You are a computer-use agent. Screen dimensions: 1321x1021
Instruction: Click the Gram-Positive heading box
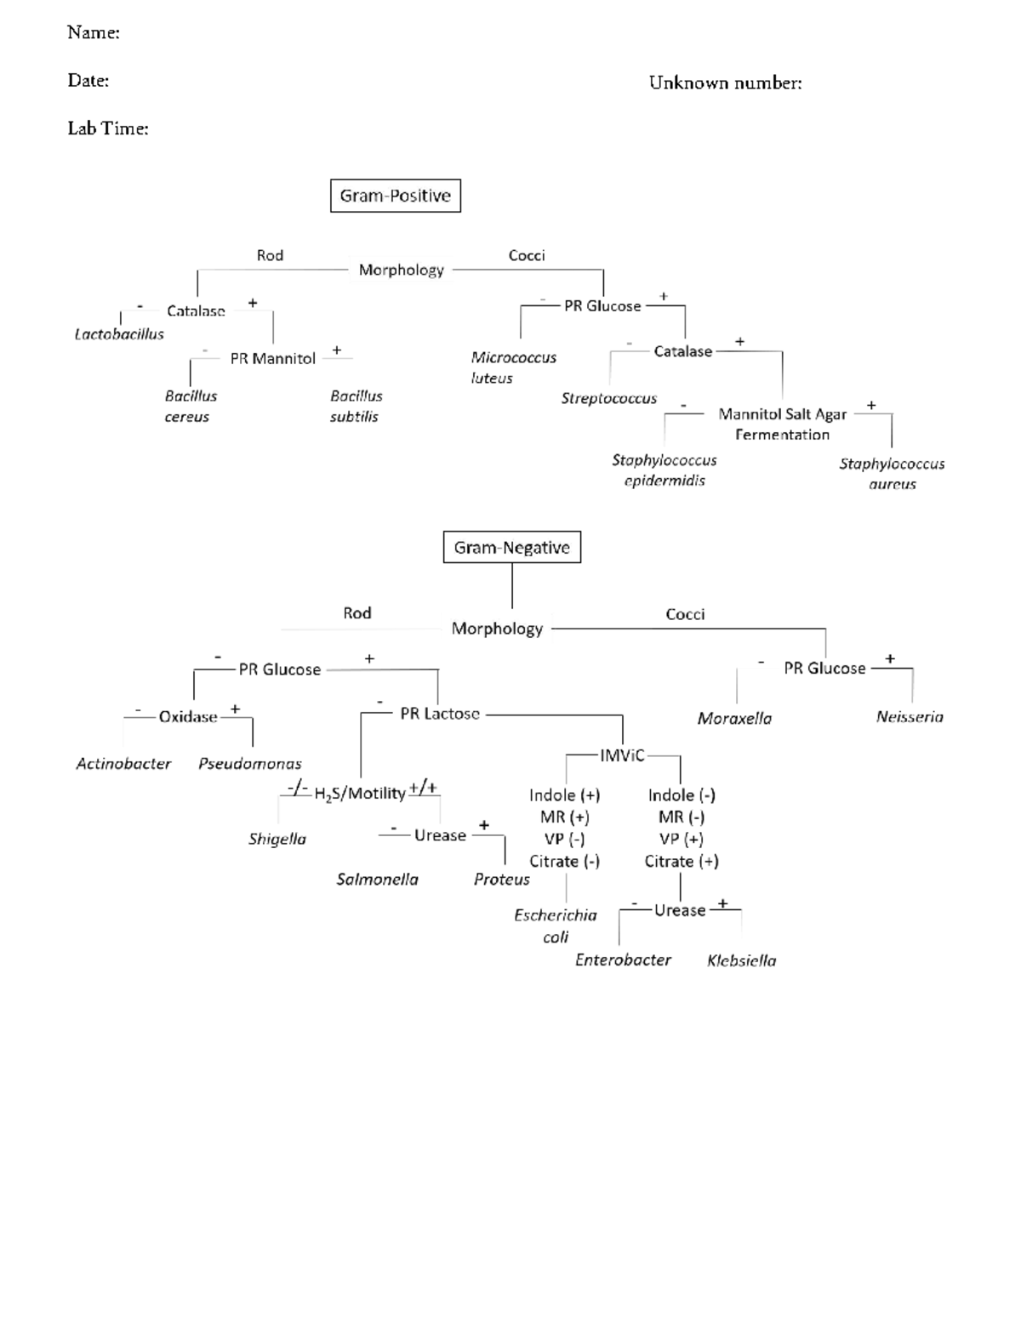(x=395, y=196)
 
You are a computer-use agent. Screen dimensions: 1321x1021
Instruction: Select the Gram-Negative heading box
(x=511, y=548)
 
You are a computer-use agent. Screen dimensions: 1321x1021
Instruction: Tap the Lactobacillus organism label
(x=119, y=334)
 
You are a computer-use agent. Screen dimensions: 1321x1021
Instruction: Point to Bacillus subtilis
(x=356, y=407)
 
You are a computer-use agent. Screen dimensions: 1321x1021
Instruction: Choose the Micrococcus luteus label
(x=513, y=367)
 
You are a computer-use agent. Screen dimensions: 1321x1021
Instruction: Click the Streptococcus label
(x=609, y=398)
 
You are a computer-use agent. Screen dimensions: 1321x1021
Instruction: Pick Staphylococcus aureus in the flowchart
(x=892, y=474)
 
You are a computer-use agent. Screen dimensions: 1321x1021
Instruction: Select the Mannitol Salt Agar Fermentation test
(x=782, y=424)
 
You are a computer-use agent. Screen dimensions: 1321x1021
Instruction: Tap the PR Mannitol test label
(x=272, y=359)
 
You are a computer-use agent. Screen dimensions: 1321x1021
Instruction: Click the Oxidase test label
(x=188, y=717)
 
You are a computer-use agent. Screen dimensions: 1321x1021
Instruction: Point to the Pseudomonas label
(x=250, y=764)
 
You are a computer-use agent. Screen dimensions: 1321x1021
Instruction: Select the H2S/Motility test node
(x=359, y=794)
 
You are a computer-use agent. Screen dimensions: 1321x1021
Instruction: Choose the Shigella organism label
(x=277, y=839)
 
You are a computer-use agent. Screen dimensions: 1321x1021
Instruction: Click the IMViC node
(x=622, y=755)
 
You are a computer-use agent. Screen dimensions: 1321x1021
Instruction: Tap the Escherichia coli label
(x=556, y=926)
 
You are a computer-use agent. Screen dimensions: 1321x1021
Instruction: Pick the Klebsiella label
(x=741, y=960)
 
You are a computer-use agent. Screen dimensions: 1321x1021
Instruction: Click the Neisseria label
(x=910, y=717)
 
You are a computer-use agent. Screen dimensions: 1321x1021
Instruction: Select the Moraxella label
(x=734, y=719)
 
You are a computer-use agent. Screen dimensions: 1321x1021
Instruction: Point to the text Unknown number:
(x=725, y=83)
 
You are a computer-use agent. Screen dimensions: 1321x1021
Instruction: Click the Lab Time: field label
(x=108, y=128)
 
